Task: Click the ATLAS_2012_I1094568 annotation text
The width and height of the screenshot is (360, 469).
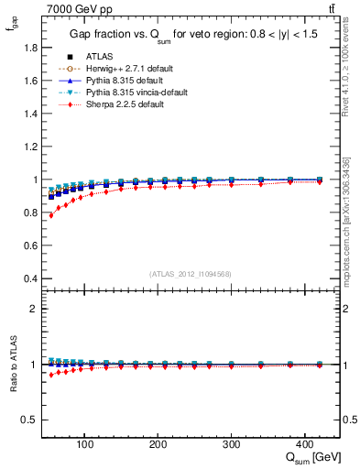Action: [190, 273]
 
